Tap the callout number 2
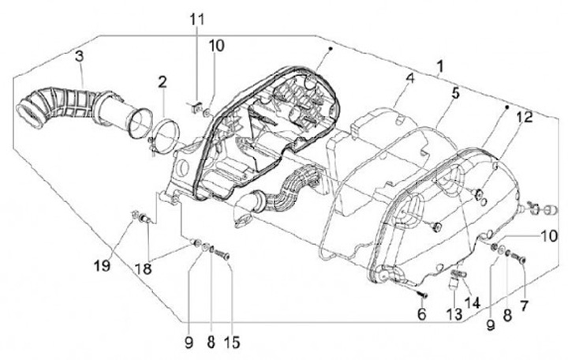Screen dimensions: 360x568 coord(162,81)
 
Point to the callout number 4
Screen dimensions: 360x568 coord(410,78)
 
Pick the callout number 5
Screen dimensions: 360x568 coord(455,94)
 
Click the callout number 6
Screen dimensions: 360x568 coord(421,313)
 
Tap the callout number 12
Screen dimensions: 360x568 coord(524,117)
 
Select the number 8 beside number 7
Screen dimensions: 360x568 coord(506,313)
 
